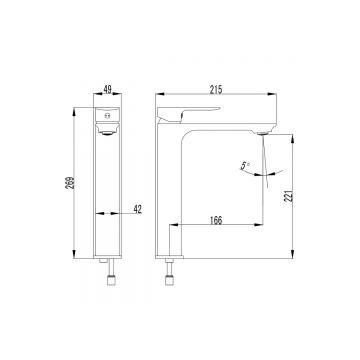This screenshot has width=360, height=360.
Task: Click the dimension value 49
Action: coord(108,89)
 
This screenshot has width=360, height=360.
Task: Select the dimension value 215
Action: coord(216,89)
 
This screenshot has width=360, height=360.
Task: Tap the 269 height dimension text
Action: coord(70,183)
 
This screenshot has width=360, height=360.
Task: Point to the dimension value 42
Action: coord(138,209)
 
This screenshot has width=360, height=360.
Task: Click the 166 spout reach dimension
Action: coord(216,220)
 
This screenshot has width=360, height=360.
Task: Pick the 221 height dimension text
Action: coord(289,196)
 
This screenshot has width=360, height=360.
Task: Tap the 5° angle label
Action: coord(245,165)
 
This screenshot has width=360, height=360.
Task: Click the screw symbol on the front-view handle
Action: coord(107,116)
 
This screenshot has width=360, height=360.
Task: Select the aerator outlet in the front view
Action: coord(107,133)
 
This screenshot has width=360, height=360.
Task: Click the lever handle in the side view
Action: coord(187,114)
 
